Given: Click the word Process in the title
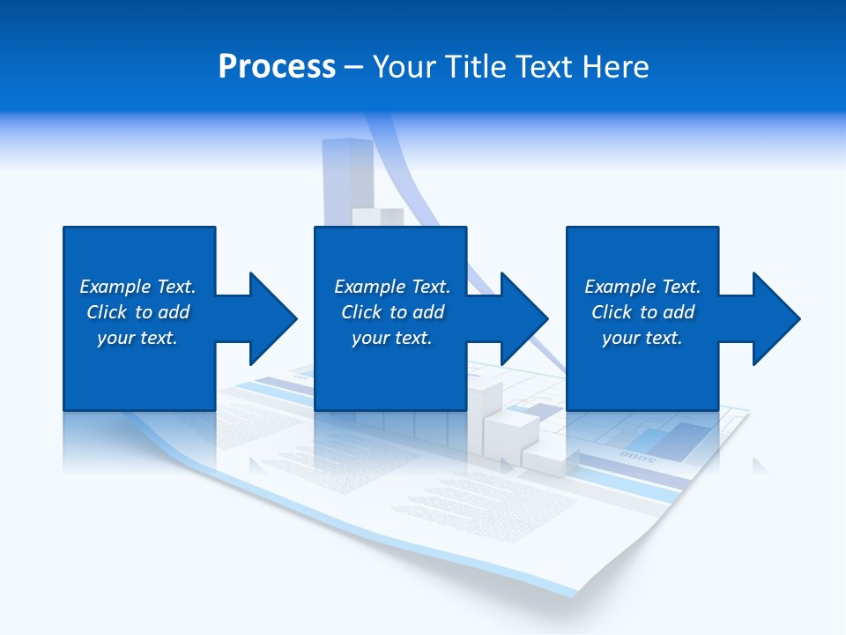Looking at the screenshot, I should point(277,67).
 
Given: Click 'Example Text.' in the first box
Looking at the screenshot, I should point(137,287).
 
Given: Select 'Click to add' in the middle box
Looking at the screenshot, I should point(392,312).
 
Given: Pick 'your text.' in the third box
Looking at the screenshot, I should point(642,338).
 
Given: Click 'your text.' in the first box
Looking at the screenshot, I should point(137,338).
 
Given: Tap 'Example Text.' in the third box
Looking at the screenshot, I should point(642,287).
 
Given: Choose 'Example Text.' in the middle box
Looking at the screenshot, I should point(392,287).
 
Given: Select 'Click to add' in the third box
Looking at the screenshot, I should point(642,312).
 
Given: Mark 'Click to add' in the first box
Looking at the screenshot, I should point(137,312).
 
